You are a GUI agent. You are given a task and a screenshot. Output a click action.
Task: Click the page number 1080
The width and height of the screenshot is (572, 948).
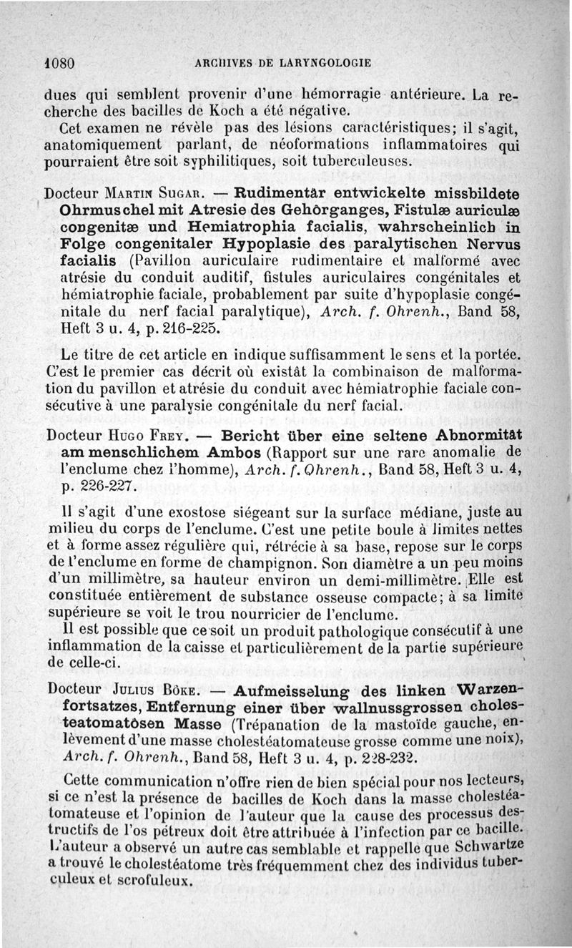[59, 62]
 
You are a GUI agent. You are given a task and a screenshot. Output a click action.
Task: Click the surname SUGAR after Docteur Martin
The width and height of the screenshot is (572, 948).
[184, 194]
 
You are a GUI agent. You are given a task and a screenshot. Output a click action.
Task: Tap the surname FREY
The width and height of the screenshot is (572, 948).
[169, 436]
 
